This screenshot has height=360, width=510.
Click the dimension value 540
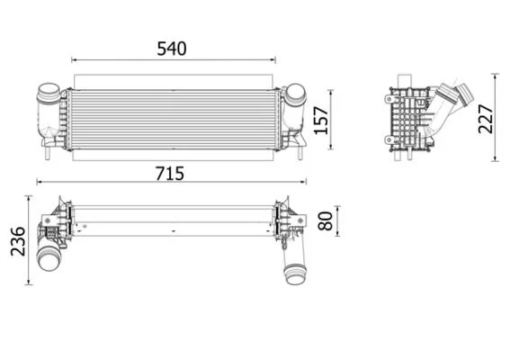point(172,49)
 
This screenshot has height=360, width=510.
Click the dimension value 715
point(170,174)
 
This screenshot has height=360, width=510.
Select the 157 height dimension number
point(321,120)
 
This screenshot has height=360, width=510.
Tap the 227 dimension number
point(486,119)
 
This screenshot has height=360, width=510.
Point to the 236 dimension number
point(18,241)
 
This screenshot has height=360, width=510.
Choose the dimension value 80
point(326,221)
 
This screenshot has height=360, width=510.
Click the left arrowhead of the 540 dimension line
point(74,60)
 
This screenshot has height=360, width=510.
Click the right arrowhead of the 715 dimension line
point(303,182)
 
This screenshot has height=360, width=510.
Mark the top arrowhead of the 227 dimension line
point(496,76)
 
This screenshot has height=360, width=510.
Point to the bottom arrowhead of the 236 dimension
point(29,282)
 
